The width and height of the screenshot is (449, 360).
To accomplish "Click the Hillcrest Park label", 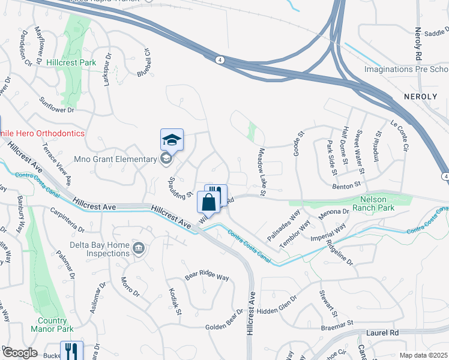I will point(73,62).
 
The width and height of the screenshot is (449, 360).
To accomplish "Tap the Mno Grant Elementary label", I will point(115,159).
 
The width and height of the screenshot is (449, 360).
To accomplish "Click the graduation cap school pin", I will point(172,141).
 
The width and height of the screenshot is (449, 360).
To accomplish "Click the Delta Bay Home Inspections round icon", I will point(139,248).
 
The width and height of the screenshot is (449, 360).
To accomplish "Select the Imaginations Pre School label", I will point(406,70).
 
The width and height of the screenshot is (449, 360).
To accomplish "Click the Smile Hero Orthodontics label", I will point(42,133).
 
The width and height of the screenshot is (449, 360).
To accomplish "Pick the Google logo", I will point(20,353).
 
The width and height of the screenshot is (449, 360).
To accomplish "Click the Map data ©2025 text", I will point(423,356).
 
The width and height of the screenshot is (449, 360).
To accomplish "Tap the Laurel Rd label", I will point(382,332).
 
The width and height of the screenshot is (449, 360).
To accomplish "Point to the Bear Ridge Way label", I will point(206,277).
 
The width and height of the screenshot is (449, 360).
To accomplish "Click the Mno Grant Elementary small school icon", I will point(166,159).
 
